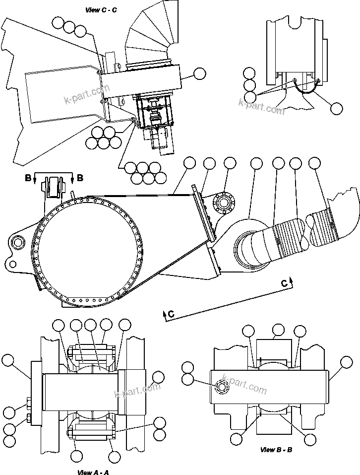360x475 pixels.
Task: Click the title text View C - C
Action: [101, 9]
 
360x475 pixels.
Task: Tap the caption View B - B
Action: [277, 450]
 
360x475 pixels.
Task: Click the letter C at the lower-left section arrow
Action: [171, 314]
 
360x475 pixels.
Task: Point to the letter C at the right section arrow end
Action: [284, 283]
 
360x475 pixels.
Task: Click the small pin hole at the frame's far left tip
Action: [18, 242]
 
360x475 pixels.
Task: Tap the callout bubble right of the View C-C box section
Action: [199, 73]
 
